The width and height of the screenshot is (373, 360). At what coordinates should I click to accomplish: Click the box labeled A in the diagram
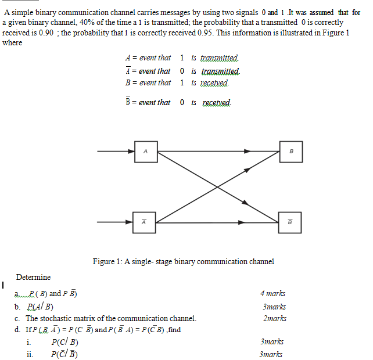145,152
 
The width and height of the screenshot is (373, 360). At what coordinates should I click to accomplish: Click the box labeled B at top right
290,152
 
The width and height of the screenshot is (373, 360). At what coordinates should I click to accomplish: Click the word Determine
33,277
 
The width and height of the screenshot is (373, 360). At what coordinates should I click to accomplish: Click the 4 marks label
272,294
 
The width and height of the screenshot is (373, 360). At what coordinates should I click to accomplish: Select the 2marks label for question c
274,318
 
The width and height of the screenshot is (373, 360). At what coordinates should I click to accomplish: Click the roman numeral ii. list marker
30,354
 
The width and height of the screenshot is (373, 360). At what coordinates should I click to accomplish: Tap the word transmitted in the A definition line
219,58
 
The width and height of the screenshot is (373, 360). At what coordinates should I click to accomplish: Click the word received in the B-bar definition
217,103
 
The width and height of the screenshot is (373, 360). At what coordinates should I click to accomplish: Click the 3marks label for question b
274,306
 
